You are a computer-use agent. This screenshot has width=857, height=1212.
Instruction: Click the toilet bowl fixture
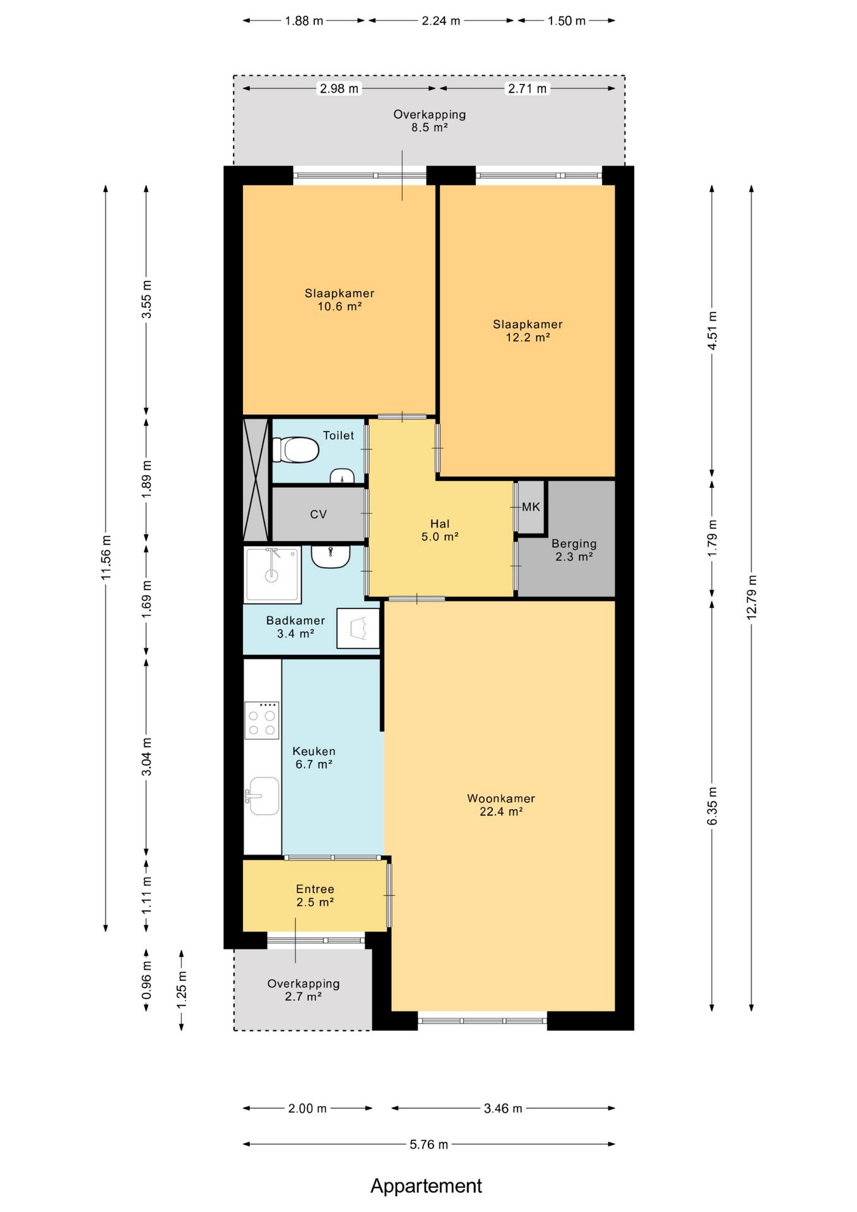click(x=295, y=450)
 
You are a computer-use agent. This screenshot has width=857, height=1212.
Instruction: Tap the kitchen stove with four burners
click(x=262, y=720)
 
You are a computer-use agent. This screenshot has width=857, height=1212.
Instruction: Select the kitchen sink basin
click(x=263, y=796)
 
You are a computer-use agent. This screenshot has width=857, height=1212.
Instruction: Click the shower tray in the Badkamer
click(x=273, y=575)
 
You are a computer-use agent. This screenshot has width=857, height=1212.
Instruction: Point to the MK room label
click(x=531, y=507)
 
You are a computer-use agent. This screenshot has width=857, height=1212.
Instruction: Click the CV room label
click(x=318, y=514)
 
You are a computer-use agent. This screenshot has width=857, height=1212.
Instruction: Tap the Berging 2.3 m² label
click(x=574, y=550)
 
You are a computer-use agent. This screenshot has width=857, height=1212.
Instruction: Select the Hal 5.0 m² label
click(x=440, y=530)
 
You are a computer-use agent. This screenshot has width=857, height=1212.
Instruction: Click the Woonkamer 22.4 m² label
click(x=501, y=805)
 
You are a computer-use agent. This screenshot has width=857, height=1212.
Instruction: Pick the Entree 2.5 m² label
click(x=315, y=895)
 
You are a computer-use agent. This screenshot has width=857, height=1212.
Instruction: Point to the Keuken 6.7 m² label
click(x=314, y=757)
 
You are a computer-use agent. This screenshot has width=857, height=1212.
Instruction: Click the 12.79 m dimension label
click(x=752, y=597)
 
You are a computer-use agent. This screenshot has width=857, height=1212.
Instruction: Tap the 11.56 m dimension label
click(x=106, y=557)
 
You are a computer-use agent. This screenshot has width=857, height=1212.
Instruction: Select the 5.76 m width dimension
click(x=429, y=1144)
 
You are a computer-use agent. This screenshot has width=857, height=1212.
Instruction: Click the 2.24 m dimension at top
click(x=441, y=21)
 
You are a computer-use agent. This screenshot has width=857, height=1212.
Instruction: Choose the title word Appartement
click(x=426, y=1185)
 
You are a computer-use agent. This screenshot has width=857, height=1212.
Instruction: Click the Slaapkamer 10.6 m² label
click(x=340, y=300)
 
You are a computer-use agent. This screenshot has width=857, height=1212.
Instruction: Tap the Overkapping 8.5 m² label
click(x=430, y=121)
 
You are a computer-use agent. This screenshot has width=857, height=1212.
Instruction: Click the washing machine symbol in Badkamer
click(x=358, y=628)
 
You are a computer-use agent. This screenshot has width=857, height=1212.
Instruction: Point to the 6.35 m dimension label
click(x=712, y=805)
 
